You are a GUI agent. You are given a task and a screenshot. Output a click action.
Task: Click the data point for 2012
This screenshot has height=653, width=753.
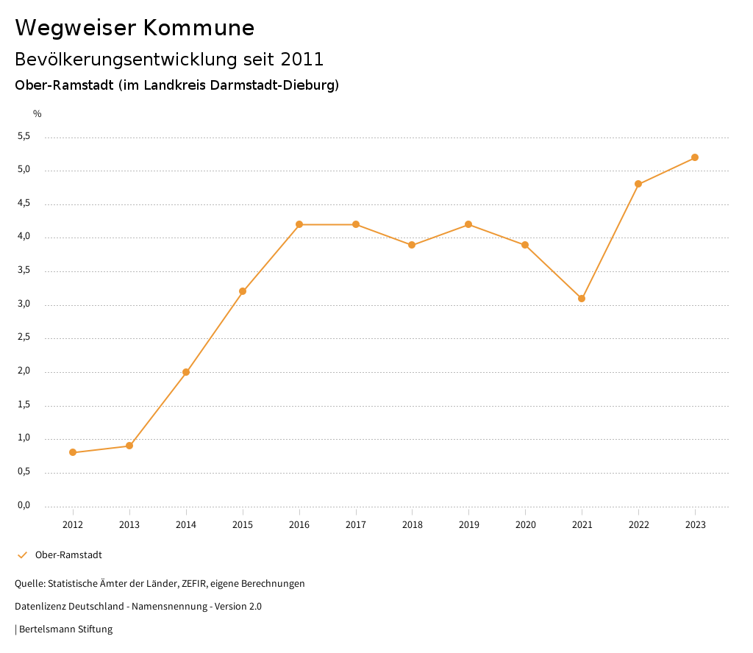coord(73,452)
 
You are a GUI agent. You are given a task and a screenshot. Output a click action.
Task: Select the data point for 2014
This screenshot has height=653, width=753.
coord(186,372)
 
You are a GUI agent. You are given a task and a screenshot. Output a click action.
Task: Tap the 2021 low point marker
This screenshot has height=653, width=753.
coord(582,299)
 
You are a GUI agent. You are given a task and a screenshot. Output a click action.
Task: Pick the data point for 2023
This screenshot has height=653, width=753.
coord(695,157)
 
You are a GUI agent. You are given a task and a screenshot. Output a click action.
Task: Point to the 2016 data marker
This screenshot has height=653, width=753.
coord(299,224)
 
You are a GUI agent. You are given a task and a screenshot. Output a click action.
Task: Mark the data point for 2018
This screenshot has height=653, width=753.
coord(412,245)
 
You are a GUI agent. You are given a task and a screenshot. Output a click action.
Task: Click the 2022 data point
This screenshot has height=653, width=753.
coord(638,184)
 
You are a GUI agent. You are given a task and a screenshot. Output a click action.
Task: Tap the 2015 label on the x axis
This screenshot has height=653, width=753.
coord(243,525)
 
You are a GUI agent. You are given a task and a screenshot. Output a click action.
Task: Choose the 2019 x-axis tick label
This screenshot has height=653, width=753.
coord(469,525)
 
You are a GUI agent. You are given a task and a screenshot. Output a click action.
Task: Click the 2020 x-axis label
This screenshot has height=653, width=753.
coord(525,525)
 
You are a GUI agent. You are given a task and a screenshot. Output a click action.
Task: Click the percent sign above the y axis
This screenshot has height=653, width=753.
coord(38,114)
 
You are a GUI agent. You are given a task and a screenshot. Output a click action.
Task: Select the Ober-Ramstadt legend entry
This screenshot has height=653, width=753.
coord(68,555)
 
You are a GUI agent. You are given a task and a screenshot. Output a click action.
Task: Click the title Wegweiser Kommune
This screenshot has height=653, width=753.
coord(135,28)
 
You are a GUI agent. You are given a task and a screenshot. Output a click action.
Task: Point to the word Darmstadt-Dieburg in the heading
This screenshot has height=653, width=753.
coord(271,85)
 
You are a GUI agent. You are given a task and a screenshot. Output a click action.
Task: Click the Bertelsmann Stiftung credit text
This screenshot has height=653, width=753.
coord(65,629)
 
